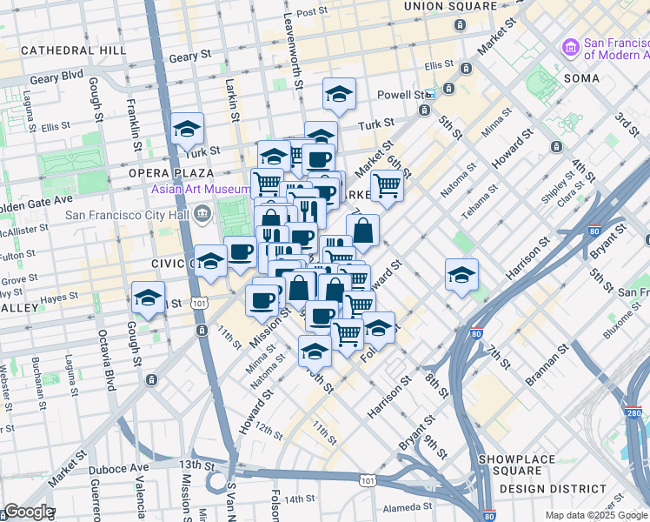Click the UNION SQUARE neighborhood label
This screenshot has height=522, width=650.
click(x=448, y=6)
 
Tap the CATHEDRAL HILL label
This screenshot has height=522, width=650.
click(x=74, y=50)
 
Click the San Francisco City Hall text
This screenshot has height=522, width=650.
click(x=129, y=214)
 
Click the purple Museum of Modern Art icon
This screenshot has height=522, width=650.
click(x=571, y=45)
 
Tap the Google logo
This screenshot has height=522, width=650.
click(x=29, y=512)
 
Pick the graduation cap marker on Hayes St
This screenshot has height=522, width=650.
click(x=149, y=298)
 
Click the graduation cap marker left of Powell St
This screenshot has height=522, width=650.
click(x=339, y=94)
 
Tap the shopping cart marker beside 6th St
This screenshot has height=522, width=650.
click(x=387, y=185)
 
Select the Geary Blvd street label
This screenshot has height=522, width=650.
click(x=58, y=77)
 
